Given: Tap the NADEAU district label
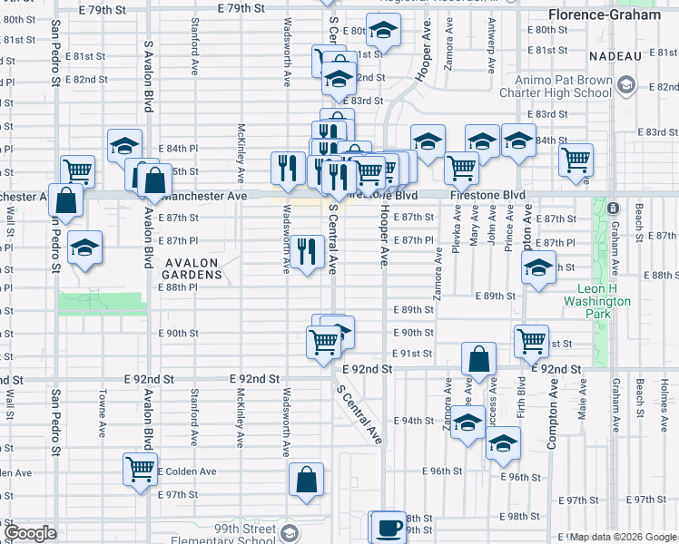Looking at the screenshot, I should coord(615,56).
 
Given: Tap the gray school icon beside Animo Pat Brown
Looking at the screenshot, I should coord(625,86).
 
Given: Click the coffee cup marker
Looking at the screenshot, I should coord(389,527).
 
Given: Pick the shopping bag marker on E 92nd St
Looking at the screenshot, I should coord(478,358).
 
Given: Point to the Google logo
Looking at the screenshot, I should coord(30,533).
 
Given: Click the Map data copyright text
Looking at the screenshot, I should coord(623,538).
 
